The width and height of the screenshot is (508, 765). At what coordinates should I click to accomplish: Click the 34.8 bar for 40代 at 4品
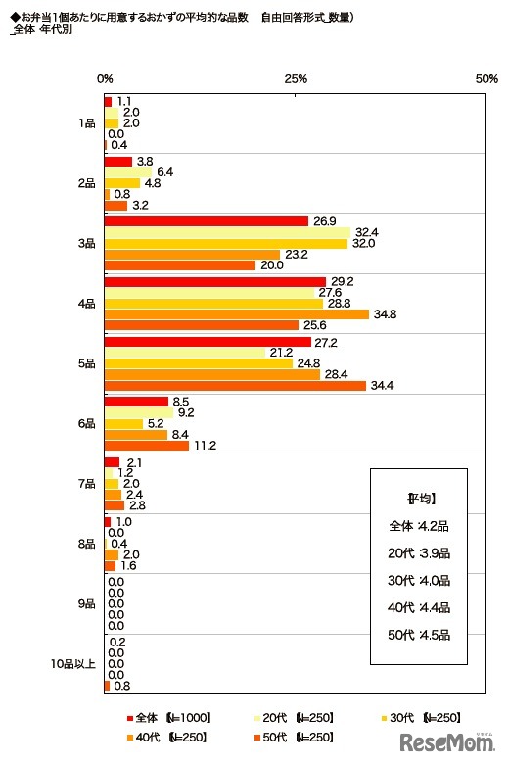coord(236,314)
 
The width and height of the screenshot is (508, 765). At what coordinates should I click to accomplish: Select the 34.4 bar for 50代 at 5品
coord(235,386)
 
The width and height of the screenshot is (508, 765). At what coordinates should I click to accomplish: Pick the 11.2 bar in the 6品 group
coord(146,446)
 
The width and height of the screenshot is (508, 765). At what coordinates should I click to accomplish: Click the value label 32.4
coord(366,232)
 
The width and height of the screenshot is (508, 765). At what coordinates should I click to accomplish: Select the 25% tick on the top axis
coord(296,78)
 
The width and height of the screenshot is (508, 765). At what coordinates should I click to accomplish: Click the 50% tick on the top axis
coord(486,78)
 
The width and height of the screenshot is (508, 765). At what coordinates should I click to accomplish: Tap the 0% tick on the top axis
coord(105,78)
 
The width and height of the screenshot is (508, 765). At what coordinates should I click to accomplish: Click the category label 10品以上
coord(73,664)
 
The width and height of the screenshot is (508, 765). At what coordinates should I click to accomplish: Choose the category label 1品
coord(86,123)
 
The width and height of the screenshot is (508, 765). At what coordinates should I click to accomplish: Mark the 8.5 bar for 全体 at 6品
coord(136,401)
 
